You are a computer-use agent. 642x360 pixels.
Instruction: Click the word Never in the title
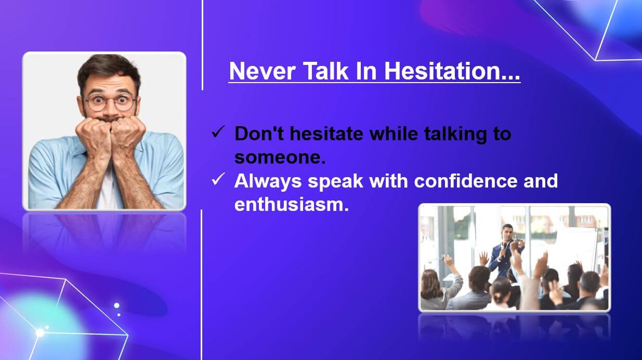click(x=262, y=71)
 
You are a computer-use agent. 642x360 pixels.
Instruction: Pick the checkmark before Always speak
click(x=217, y=180)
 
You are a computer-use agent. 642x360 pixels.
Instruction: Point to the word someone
click(x=280, y=157)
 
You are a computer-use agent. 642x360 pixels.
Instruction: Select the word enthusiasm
click(x=292, y=205)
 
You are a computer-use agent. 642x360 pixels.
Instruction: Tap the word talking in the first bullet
click(x=452, y=134)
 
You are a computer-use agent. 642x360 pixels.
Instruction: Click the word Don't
click(x=259, y=134)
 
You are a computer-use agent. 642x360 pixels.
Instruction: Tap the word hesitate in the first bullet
click(x=326, y=134)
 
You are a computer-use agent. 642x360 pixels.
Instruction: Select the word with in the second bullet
click(x=388, y=181)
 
